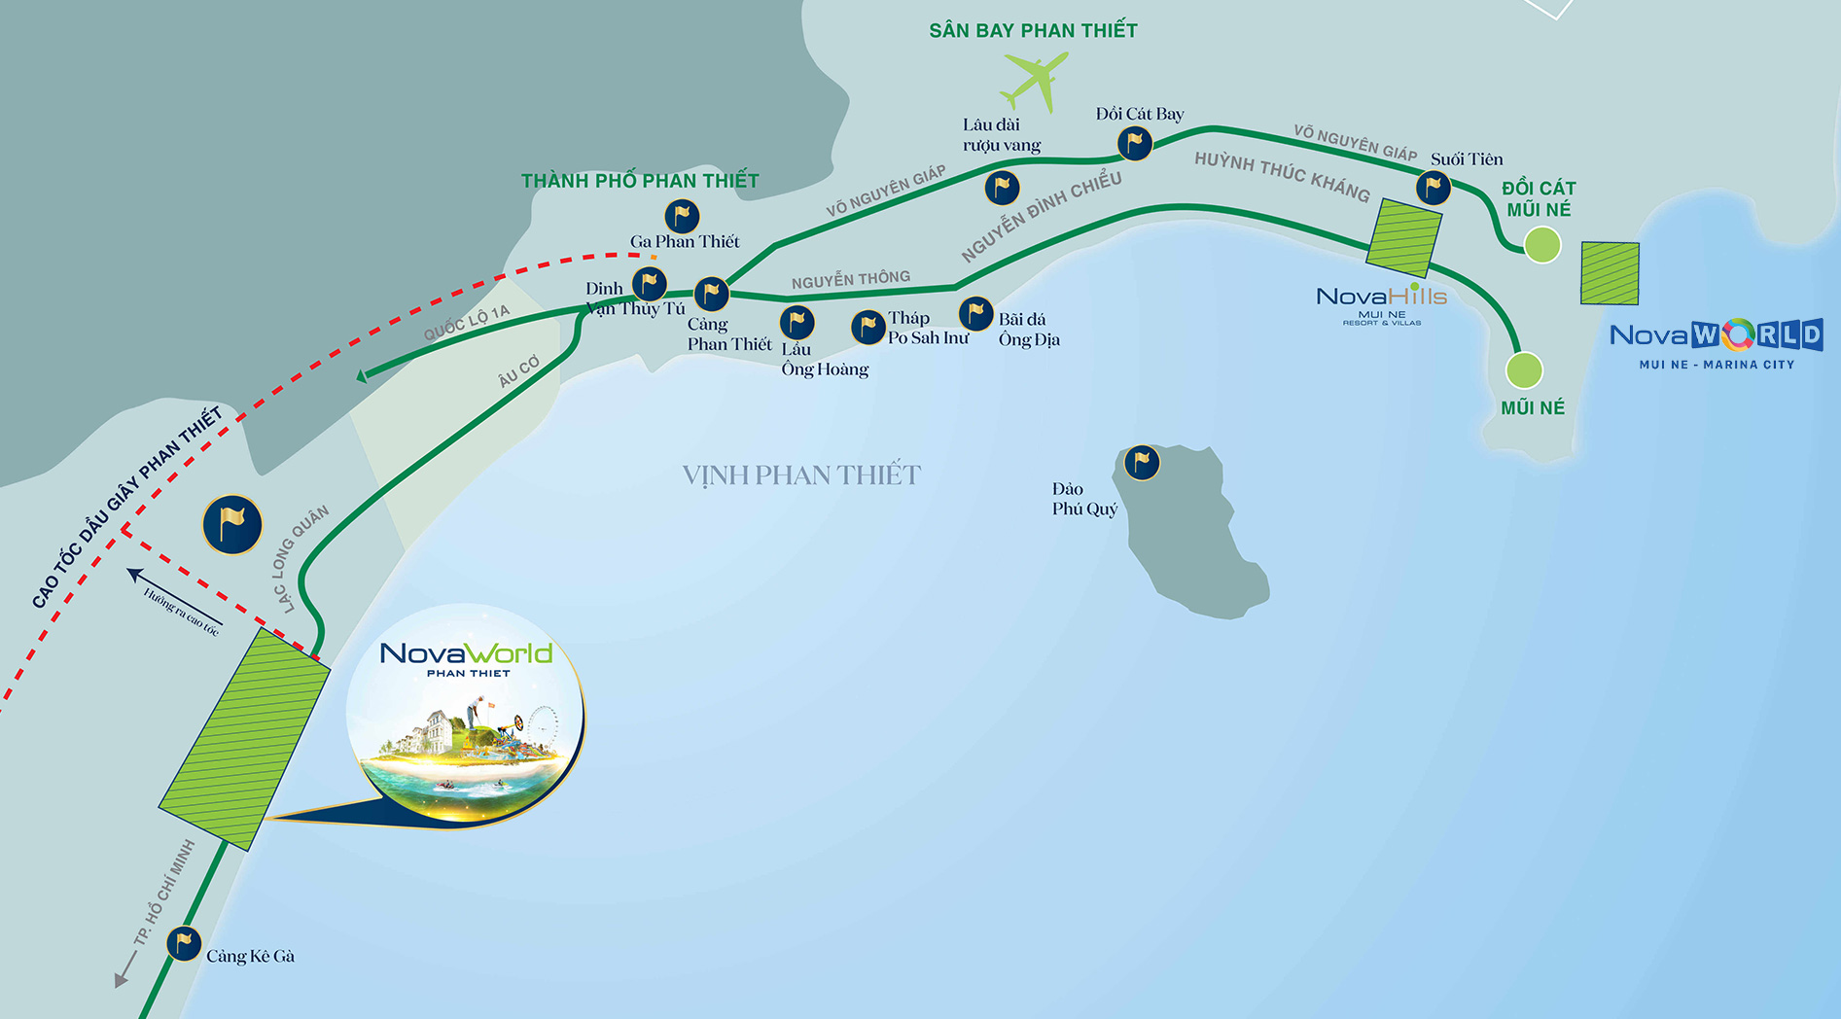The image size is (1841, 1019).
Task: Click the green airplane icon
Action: (x=1035, y=80)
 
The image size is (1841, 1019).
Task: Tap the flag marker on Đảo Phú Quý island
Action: (x=1142, y=462)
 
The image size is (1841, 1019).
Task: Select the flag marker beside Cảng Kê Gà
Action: (x=184, y=943)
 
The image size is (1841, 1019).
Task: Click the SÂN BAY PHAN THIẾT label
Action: (x=1033, y=31)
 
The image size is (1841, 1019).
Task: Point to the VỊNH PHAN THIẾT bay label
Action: (x=800, y=475)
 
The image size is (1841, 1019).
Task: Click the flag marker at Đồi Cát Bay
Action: (x=1135, y=143)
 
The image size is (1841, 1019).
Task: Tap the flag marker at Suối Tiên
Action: (x=1434, y=187)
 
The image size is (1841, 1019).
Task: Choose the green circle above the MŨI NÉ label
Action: (x=1524, y=370)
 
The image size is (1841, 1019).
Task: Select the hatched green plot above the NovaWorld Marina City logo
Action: (x=1610, y=273)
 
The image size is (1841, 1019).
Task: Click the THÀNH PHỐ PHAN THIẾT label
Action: (x=640, y=181)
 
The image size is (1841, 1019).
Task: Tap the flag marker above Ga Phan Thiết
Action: (x=682, y=215)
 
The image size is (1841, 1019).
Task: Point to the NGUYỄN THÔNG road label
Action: (x=851, y=280)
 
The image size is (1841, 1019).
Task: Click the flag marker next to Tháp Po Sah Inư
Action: (x=867, y=327)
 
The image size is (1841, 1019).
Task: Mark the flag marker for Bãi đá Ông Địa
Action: (x=975, y=313)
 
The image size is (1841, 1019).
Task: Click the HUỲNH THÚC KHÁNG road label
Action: (x=1282, y=176)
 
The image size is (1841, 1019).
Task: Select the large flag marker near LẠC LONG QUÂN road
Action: (x=232, y=525)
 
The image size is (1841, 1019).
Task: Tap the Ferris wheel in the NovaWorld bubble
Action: (x=543, y=724)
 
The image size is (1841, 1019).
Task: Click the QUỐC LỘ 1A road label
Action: (x=467, y=323)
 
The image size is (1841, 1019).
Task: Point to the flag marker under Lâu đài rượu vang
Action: (x=1002, y=187)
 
